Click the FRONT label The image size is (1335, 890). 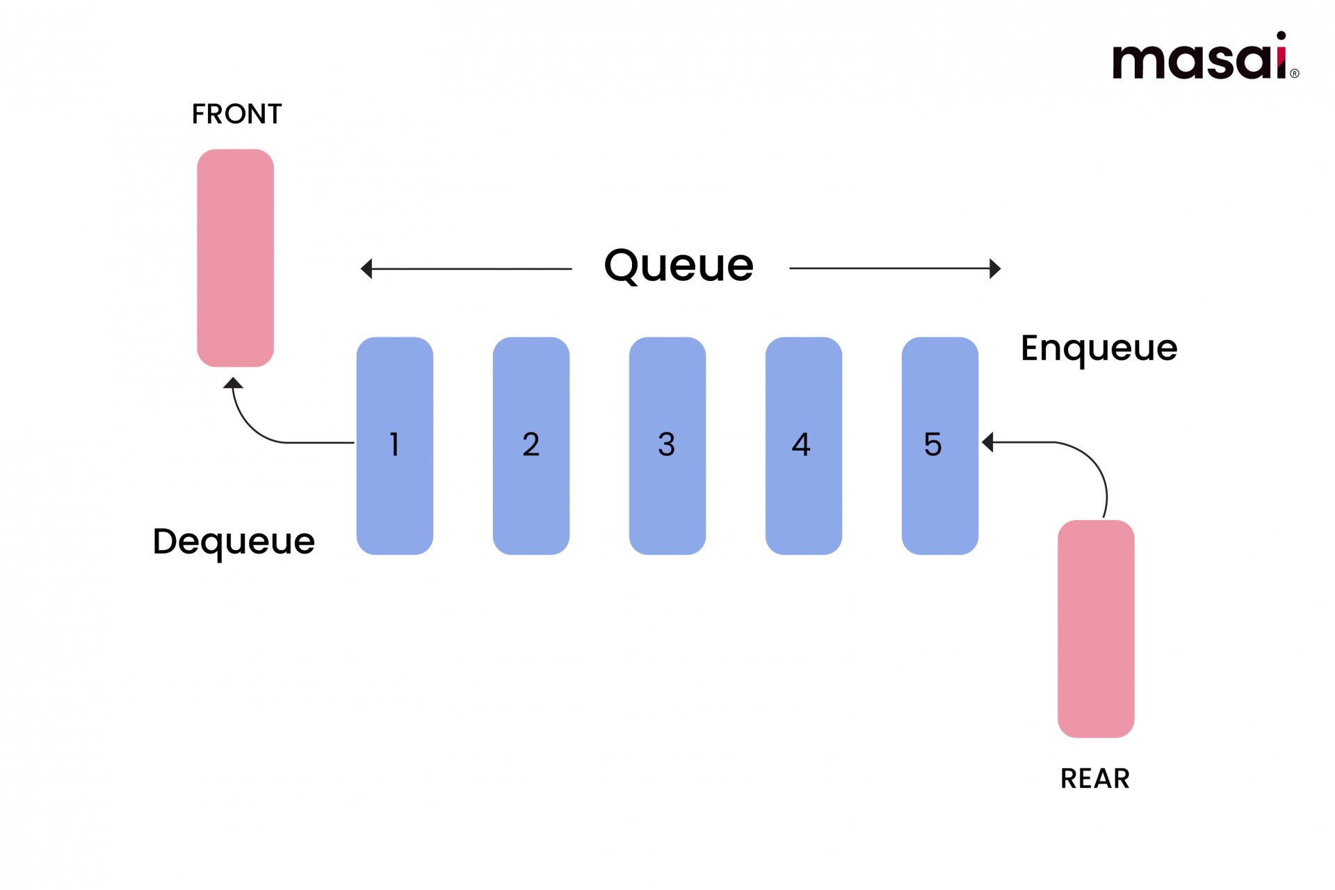(236, 114)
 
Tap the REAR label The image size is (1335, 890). (1095, 779)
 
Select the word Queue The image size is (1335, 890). (679, 266)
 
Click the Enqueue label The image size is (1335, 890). (1099, 348)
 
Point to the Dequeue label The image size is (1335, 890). (234, 542)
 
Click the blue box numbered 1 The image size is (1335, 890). (395, 446)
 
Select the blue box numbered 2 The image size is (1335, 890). (531, 446)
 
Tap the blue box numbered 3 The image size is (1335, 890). (667, 446)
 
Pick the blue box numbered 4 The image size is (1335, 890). (804, 446)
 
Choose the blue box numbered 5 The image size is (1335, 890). (940, 446)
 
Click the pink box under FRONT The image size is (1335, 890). (236, 258)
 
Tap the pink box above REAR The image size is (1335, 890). (1096, 629)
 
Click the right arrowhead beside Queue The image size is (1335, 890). (995, 268)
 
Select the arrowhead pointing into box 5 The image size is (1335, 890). (987, 442)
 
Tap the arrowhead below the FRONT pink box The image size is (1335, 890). (233, 382)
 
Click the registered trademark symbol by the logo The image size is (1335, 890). (1295, 74)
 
